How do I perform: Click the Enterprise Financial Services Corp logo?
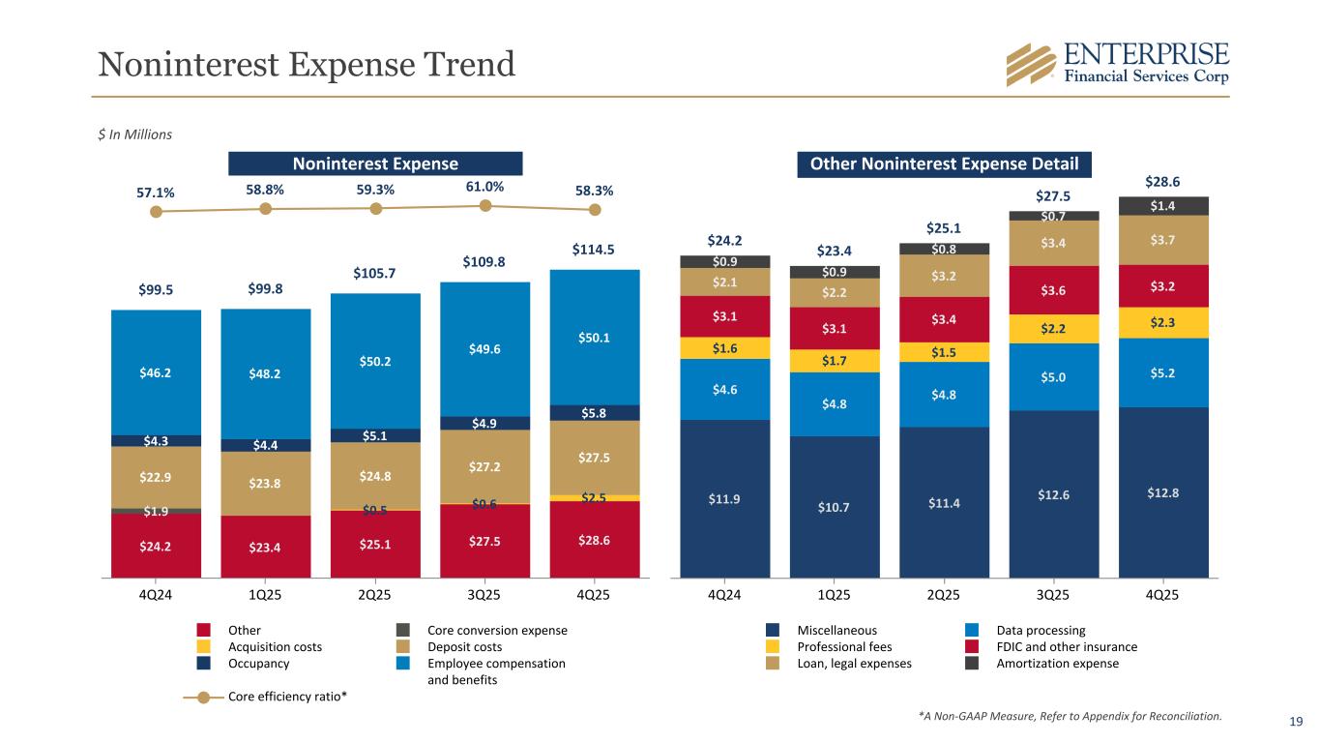pos(1118,64)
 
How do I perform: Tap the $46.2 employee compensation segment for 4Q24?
pos(156,371)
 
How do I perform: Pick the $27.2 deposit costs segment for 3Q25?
pos(484,466)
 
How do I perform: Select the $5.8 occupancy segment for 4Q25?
pos(595,412)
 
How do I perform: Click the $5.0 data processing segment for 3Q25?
pos(1053,376)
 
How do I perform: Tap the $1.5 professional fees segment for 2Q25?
pos(944,352)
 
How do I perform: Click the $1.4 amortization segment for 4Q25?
pos(1162,206)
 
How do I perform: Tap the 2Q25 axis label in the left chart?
pos(375,594)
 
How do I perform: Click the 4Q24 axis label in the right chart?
pos(724,594)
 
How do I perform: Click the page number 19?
pos(1297,721)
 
